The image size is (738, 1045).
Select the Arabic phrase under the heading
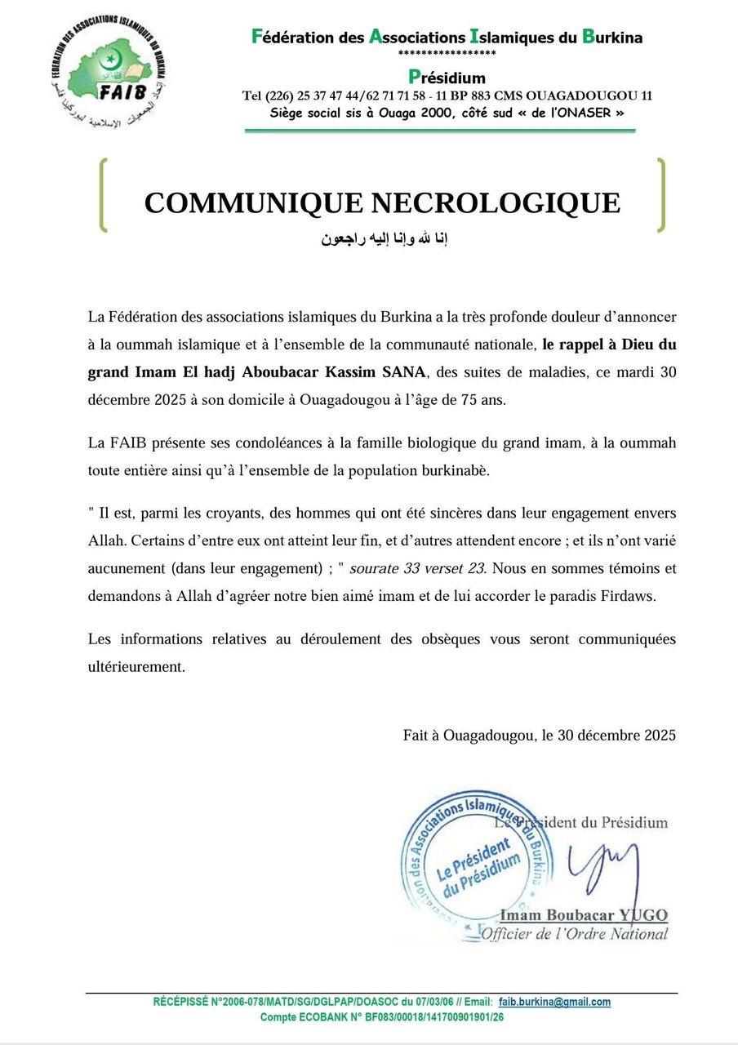tap(383, 240)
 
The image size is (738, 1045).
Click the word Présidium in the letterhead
tap(447, 78)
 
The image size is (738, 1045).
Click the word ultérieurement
tap(136, 666)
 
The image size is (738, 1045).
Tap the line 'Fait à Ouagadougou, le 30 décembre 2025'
tap(539, 735)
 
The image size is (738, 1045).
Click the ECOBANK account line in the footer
tap(382, 1017)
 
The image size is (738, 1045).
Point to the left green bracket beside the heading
tap(104, 194)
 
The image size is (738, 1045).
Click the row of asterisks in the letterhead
tap(447, 54)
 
